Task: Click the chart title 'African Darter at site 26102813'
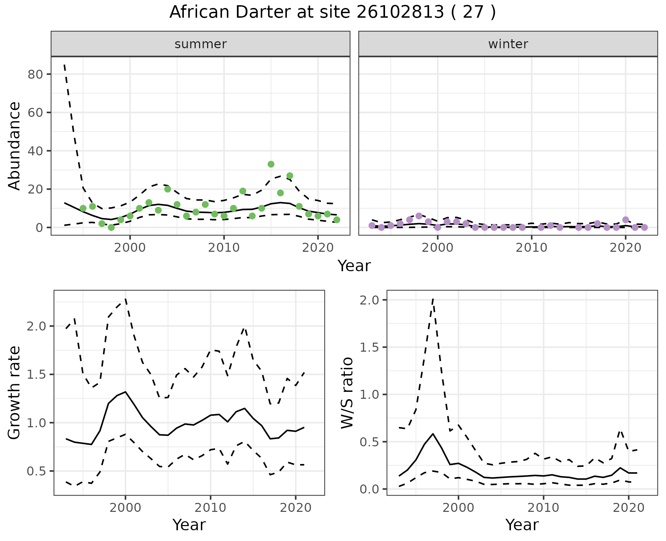(x=332, y=12)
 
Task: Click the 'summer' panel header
(x=200, y=44)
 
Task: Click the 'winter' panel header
(x=508, y=44)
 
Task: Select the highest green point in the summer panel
(x=271, y=164)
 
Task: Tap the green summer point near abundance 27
(x=290, y=176)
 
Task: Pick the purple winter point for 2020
(x=625, y=220)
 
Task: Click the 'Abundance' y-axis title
(x=14, y=146)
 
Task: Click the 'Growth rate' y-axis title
(x=14, y=393)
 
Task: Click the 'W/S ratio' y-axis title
(x=347, y=393)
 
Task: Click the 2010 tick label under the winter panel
(x=531, y=248)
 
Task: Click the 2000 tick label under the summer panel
(x=130, y=248)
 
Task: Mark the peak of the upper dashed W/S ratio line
(x=433, y=299)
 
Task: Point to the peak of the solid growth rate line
(x=125, y=392)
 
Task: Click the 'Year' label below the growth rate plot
(x=189, y=525)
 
